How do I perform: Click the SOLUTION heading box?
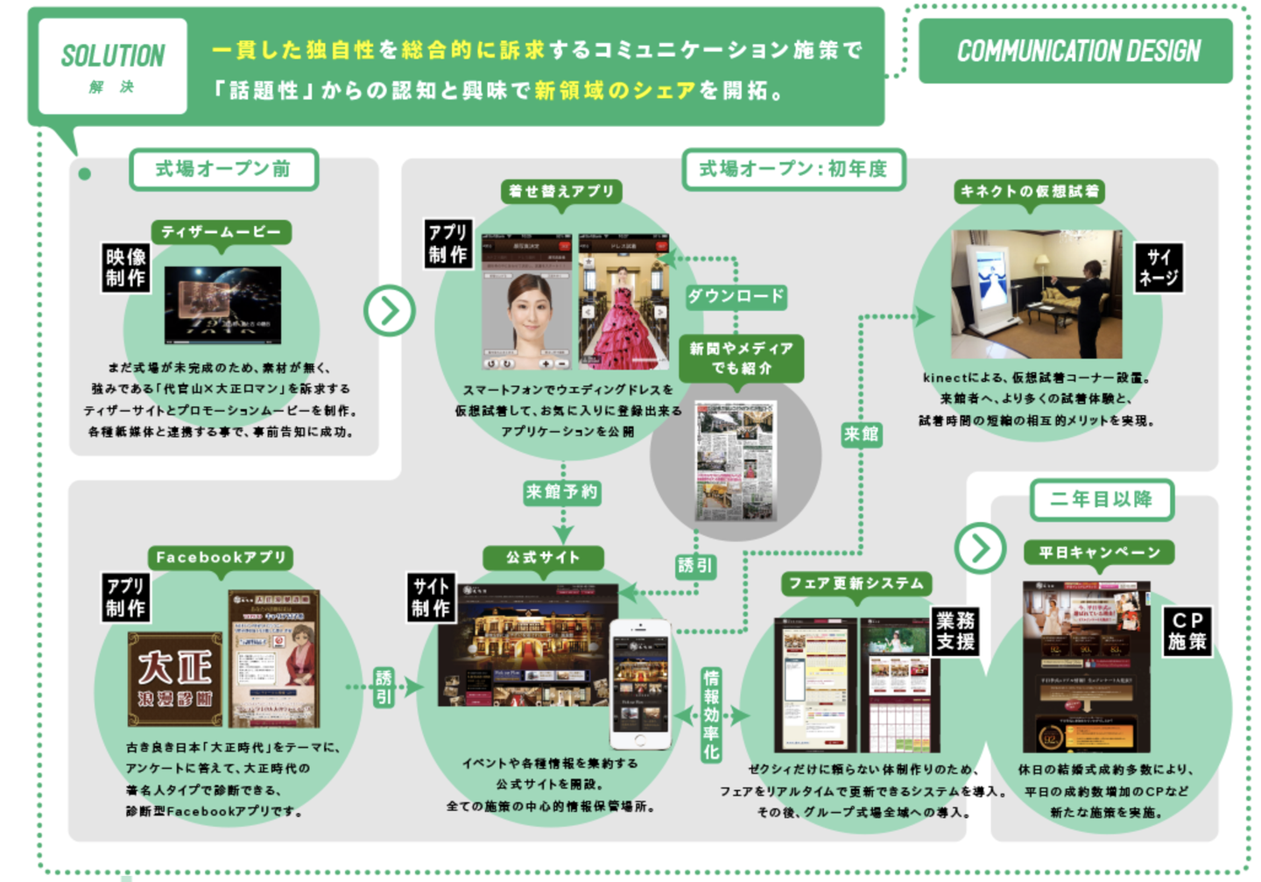(x=113, y=67)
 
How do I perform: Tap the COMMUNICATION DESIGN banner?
(x=1076, y=51)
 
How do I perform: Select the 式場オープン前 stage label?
(x=223, y=169)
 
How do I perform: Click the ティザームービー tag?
(x=221, y=232)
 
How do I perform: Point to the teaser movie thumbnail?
(x=222, y=305)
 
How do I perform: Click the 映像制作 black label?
(x=126, y=267)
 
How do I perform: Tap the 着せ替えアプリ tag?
(x=561, y=191)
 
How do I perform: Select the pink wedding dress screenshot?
(x=623, y=301)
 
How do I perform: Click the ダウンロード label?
(x=736, y=296)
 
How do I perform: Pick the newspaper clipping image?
(x=736, y=460)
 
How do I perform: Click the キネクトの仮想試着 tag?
(x=1029, y=191)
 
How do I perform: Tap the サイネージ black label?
(x=1158, y=268)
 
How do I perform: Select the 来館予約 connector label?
(x=562, y=492)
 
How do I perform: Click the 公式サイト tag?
(x=543, y=557)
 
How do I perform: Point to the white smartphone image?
(x=640, y=683)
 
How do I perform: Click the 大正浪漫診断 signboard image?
(x=175, y=679)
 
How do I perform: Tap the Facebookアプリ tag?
(x=221, y=557)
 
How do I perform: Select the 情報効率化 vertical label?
(x=711, y=714)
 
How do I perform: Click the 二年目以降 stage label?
(x=1101, y=499)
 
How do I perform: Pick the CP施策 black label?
(x=1187, y=631)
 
